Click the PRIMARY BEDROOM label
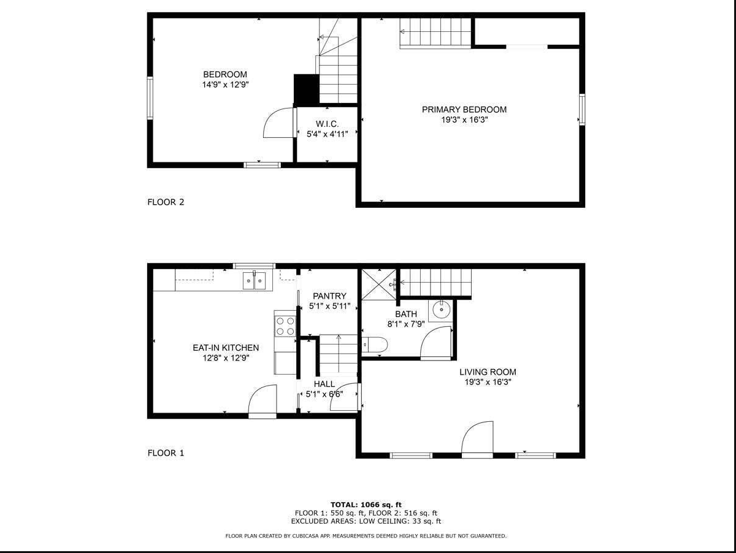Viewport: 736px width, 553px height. coord(464,110)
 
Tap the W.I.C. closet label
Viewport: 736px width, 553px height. coord(327,124)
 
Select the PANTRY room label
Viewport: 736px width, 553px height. coord(329,296)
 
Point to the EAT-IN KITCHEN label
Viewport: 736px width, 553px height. coord(226,348)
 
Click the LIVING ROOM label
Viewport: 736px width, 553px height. coord(488,372)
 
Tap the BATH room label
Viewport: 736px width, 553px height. coord(406,314)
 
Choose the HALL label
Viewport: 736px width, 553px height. coord(324,384)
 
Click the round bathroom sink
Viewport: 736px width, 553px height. coord(441,310)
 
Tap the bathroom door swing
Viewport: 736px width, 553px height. coord(438,342)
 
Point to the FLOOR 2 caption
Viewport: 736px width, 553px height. coord(166,202)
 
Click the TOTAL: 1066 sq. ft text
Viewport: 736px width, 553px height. coord(366,505)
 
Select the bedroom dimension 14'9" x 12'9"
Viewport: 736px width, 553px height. coord(225,85)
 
